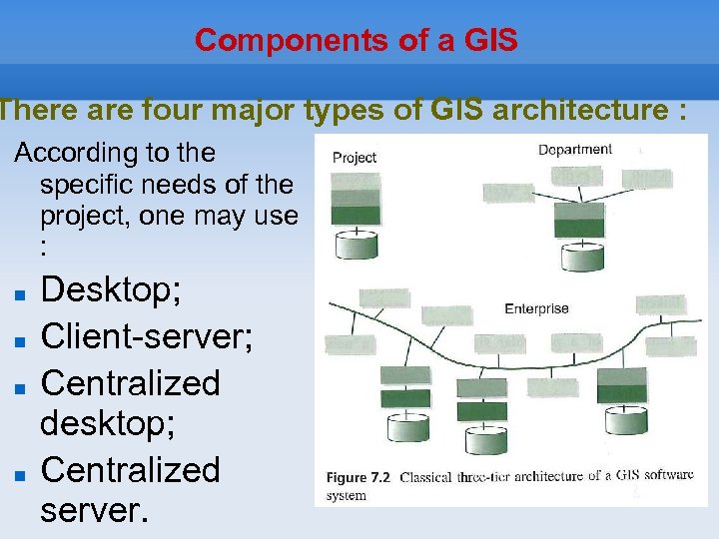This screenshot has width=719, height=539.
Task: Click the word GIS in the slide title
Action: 491,41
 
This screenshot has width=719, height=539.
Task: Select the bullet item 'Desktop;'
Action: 111,290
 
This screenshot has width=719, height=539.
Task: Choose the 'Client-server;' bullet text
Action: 146,336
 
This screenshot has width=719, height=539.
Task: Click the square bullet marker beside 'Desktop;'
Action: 19,296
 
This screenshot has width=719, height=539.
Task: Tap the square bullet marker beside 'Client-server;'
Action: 19,341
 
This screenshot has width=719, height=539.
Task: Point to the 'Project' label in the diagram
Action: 355,157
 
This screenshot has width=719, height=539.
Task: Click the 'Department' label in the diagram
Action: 575,150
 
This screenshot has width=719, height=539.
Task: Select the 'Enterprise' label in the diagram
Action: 536,308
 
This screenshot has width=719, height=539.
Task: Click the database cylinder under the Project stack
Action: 357,245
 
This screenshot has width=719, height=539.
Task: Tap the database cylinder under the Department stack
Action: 580,256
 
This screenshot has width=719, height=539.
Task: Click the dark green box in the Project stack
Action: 356,214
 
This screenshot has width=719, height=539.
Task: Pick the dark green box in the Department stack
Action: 580,228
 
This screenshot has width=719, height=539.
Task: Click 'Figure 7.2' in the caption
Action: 359,478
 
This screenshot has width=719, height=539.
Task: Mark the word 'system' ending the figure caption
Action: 346,495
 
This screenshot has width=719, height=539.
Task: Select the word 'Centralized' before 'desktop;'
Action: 130,382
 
